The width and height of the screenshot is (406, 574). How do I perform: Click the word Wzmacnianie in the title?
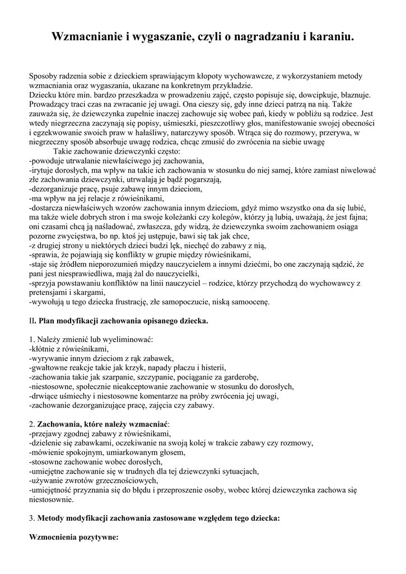pos(87,37)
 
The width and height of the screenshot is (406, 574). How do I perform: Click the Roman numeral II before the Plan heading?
pos(31,321)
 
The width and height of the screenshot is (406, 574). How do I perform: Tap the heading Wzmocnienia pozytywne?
pos(73,538)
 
